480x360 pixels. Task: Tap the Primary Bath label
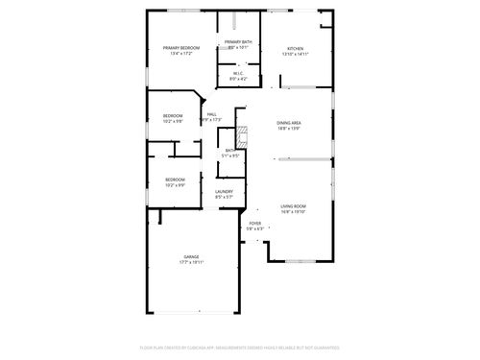point(238,42)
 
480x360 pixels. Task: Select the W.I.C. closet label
point(238,73)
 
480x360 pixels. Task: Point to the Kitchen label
point(295,48)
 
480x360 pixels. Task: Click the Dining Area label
point(290,123)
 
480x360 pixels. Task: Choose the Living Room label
point(293,206)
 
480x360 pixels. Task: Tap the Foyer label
point(254,224)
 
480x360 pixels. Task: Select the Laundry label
point(224,192)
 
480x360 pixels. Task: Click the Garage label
point(192,256)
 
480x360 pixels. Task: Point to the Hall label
point(211,115)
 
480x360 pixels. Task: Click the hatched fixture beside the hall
point(243,135)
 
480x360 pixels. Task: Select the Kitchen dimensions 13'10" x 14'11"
point(295,54)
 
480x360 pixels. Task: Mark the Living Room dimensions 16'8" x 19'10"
point(293,212)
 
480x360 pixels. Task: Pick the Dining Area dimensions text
point(290,129)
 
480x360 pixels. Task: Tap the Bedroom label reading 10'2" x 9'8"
point(173,119)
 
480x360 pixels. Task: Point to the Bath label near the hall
point(229,150)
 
